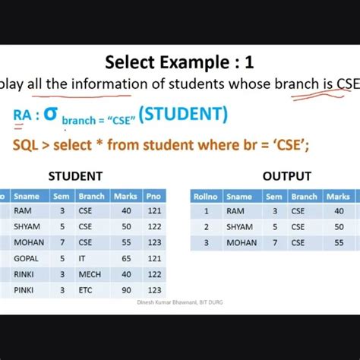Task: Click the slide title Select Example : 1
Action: pyautogui.click(x=179, y=62)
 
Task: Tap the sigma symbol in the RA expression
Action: pyautogui.click(x=51, y=115)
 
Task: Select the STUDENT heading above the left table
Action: pyautogui.click(x=75, y=176)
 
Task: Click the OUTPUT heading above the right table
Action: pyautogui.click(x=286, y=176)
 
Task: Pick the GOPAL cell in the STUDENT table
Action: pyautogui.click(x=26, y=258)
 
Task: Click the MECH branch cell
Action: pyautogui.click(x=90, y=274)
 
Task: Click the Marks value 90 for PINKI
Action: pyautogui.click(x=126, y=290)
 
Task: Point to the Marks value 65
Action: pyautogui.click(x=126, y=258)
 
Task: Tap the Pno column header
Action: pyautogui.click(x=156, y=196)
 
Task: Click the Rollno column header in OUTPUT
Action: pyautogui.click(x=206, y=196)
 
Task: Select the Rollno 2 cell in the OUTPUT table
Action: pyautogui.click(x=206, y=226)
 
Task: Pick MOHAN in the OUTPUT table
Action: pyautogui.click(x=242, y=242)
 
